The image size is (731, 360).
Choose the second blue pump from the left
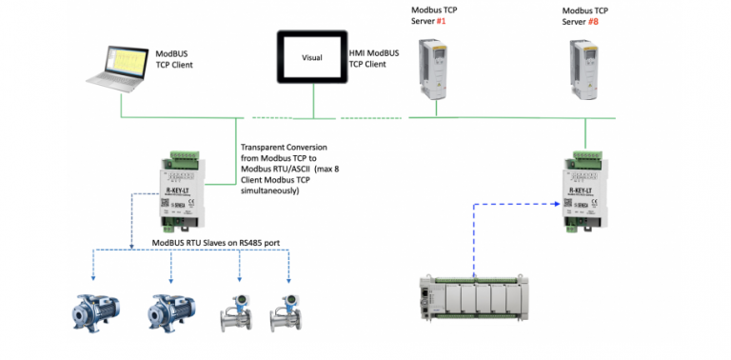(172, 309)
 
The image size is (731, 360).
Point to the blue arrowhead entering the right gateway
(556, 203)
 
